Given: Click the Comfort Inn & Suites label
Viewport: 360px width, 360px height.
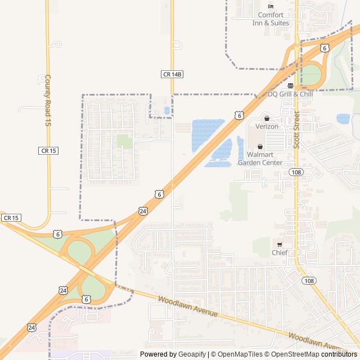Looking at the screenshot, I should [x=273, y=19].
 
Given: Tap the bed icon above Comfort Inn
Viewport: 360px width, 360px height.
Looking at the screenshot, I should [x=271, y=6].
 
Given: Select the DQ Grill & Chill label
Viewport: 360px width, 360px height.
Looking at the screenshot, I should [x=290, y=94].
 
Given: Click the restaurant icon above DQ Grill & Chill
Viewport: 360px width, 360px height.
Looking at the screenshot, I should [x=290, y=85].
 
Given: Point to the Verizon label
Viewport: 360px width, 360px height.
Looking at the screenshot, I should [x=267, y=127].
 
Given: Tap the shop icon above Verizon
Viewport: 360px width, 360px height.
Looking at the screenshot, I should [x=267, y=119].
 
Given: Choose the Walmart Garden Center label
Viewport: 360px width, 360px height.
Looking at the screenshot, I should [x=260, y=158].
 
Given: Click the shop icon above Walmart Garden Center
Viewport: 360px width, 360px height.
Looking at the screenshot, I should [x=260, y=146].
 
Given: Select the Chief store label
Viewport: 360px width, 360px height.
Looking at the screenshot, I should [x=280, y=253].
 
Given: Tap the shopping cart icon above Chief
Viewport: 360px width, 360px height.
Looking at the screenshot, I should [x=280, y=244].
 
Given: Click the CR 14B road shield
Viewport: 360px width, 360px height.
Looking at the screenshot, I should [x=173, y=74].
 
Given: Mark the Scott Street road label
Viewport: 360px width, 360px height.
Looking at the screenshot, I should [x=296, y=129].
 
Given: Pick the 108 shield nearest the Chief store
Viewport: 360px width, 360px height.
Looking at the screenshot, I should [x=308, y=280].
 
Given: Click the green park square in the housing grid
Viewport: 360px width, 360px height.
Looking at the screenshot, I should [x=124, y=141].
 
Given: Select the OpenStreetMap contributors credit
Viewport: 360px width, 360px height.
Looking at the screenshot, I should [x=311, y=354].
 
